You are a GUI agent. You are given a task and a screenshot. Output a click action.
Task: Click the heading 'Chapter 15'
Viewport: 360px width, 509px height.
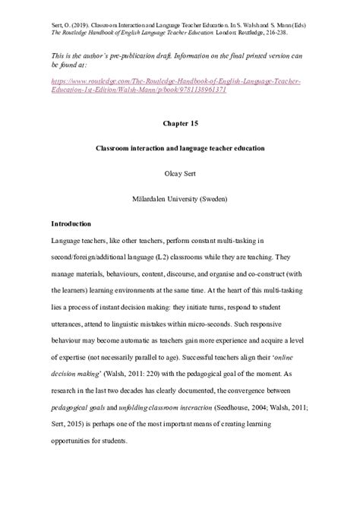click(179, 122)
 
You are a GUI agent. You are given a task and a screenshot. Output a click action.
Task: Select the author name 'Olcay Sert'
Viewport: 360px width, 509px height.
click(179, 172)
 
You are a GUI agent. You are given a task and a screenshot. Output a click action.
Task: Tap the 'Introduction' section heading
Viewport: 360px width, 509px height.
click(71, 225)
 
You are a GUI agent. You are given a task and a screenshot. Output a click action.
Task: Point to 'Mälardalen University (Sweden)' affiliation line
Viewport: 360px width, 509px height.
click(179, 198)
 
